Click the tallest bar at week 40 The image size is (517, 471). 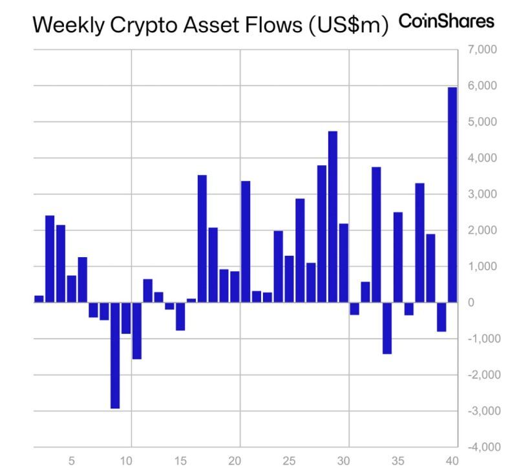click(x=452, y=194)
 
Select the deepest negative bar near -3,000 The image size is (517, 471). click(x=115, y=355)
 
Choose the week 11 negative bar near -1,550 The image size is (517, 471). click(x=136, y=330)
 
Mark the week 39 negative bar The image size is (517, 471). click(x=441, y=317)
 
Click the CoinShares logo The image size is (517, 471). click(x=447, y=22)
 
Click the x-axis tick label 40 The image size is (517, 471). click(x=452, y=461)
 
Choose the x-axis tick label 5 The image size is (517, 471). click(x=72, y=461)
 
